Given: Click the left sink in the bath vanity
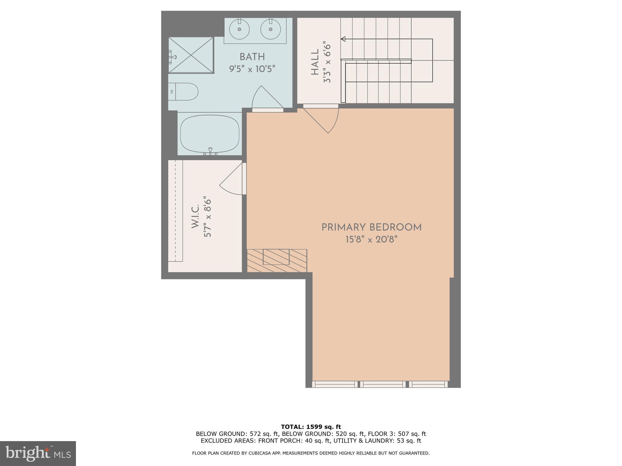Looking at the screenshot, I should point(239,29).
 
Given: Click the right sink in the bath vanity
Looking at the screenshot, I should point(270,29).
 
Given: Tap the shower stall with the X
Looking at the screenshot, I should point(191,55).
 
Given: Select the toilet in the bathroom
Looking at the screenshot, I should point(183,91).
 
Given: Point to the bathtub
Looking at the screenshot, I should point(210,134).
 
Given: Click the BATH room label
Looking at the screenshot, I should point(252,57).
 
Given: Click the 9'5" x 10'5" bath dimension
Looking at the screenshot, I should point(252,69).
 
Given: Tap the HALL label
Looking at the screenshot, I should point(315,62).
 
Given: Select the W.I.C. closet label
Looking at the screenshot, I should point(195,216).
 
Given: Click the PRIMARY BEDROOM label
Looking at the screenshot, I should point(371,227).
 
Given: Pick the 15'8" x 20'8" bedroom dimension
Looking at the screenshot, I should point(371,240).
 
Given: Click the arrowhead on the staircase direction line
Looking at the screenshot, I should point(343,39).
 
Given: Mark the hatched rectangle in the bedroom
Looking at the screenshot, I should point(277,261).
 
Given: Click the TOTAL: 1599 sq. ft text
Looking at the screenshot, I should point(311,427).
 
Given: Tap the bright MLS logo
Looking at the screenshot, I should point(38,454).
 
